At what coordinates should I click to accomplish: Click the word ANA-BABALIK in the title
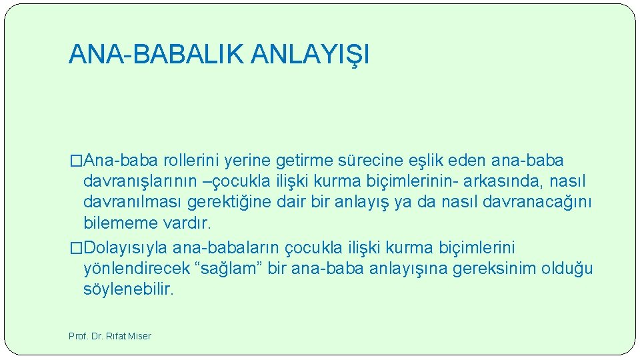(157, 55)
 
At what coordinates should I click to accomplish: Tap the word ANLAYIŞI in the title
(310, 55)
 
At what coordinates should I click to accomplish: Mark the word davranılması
(134, 201)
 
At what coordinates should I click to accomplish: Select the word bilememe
(116, 222)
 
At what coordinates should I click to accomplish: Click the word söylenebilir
(128, 289)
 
